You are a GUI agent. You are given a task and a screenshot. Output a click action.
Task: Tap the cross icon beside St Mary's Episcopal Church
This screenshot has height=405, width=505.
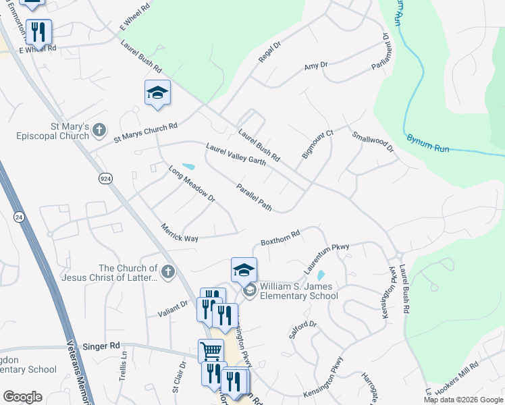click(99, 129)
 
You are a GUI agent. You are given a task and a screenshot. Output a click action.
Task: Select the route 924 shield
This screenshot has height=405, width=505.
click(105, 178)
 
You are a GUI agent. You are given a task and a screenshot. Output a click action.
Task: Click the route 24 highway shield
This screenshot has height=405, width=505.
click(18, 216)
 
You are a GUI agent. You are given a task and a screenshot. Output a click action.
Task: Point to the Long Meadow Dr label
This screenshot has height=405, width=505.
click(191, 184)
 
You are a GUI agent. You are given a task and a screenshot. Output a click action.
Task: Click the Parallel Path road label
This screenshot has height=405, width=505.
click(254, 197)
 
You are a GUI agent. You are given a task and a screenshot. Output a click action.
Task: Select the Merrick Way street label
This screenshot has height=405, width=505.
click(179, 234)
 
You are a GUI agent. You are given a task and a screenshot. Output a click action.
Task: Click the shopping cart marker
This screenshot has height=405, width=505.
click(211, 351)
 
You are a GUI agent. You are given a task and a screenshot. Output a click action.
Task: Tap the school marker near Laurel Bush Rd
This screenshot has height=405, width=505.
click(157, 93)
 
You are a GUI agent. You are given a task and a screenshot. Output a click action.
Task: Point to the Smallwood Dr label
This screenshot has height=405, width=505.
click(372, 144)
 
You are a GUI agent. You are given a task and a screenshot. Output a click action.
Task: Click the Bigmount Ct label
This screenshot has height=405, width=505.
click(317, 144)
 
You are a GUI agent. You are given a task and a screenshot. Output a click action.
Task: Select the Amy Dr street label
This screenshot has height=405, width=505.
click(315, 65)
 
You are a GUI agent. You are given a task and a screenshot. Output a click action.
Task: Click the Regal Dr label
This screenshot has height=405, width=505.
click(269, 53)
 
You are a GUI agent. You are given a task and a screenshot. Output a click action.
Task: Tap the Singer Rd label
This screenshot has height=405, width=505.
click(101, 346)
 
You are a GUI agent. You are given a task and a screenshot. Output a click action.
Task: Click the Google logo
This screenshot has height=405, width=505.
click(22, 397)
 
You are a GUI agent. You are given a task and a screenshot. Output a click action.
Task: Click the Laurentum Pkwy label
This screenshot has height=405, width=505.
click(326, 258)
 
